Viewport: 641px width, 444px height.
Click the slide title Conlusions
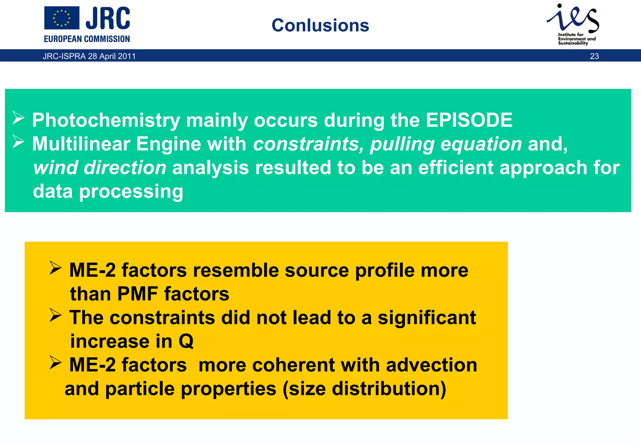[320, 25]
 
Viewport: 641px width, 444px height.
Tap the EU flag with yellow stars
[62, 18]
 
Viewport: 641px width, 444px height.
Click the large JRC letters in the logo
[108, 18]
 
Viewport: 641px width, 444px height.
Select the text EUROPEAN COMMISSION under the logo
[87, 39]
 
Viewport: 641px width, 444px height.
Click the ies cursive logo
[573, 18]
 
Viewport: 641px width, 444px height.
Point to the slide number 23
[594, 56]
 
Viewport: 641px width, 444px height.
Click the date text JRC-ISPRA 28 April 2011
[89, 56]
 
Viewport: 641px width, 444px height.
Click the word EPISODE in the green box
[469, 120]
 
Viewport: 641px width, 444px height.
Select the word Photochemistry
[106, 121]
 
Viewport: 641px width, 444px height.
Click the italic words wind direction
[100, 168]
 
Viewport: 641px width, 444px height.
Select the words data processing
[108, 191]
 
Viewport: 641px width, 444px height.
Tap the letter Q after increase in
[186, 341]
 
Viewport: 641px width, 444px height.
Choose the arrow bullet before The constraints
[55, 315]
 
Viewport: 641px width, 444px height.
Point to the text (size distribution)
[364, 389]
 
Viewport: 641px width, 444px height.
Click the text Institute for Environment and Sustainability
[577, 39]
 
